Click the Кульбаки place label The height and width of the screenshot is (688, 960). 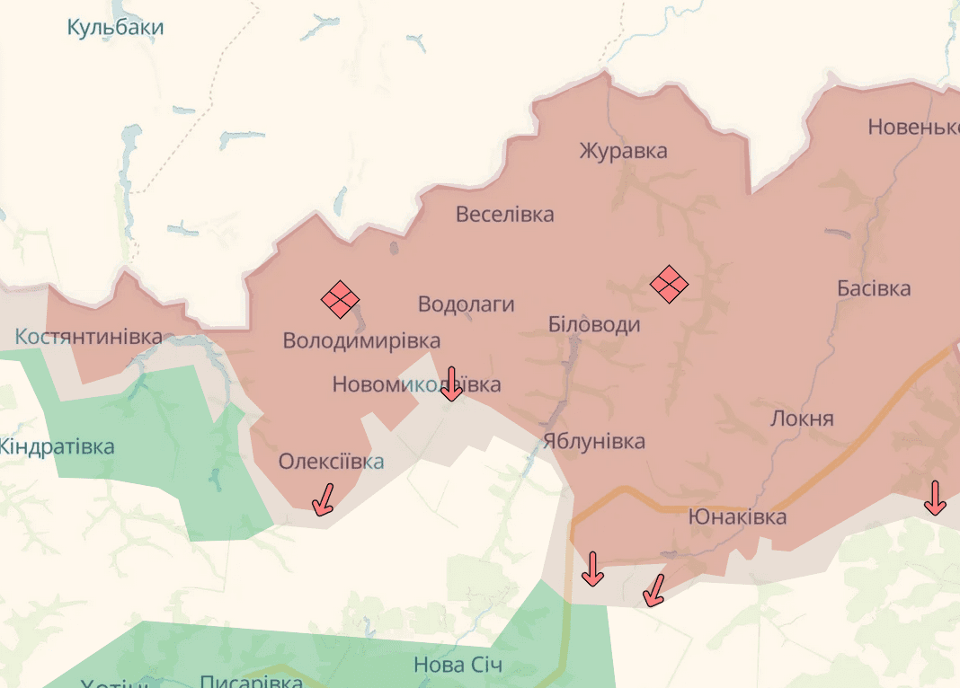pos(115,28)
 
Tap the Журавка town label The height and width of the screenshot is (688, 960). pos(623,150)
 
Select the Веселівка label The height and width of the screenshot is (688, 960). pos(504,215)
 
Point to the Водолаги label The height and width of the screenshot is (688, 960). pos(466,304)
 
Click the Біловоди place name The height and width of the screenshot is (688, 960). pos(594,324)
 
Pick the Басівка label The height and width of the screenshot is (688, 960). pos(873,288)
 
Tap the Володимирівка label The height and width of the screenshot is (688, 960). pos(361,340)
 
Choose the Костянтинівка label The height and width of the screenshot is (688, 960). pos(88,338)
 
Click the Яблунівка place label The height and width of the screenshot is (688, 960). pos(593,441)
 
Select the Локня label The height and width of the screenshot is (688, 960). pos(802,419)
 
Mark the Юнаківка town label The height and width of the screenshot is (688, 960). pos(737,516)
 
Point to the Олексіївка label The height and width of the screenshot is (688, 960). pos(331,462)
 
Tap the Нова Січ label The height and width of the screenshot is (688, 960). pos(458,666)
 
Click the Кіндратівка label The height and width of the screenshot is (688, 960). pos(56,446)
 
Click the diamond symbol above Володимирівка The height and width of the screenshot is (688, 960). pos(341,299)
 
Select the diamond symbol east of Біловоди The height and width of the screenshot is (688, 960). pos(669,285)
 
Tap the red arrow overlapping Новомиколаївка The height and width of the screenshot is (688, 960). pos(452,384)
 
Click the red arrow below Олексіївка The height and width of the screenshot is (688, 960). pos(323,499)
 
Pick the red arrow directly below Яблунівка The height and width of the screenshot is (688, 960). pos(592,569)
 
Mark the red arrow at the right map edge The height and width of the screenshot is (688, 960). pos(935,498)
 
